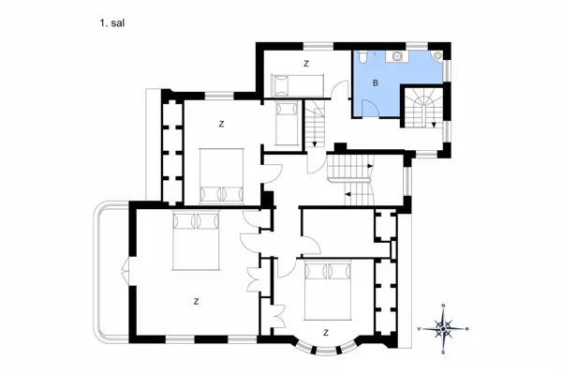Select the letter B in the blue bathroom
[x=376, y=83]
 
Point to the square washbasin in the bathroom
[x=397, y=56]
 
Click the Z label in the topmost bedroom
[x=306, y=64]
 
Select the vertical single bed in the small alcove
[x=287, y=123]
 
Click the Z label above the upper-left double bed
[x=221, y=123]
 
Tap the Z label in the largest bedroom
[x=197, y=301]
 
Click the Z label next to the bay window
[x=325, y=332]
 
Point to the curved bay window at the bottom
[x=325, y=348]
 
